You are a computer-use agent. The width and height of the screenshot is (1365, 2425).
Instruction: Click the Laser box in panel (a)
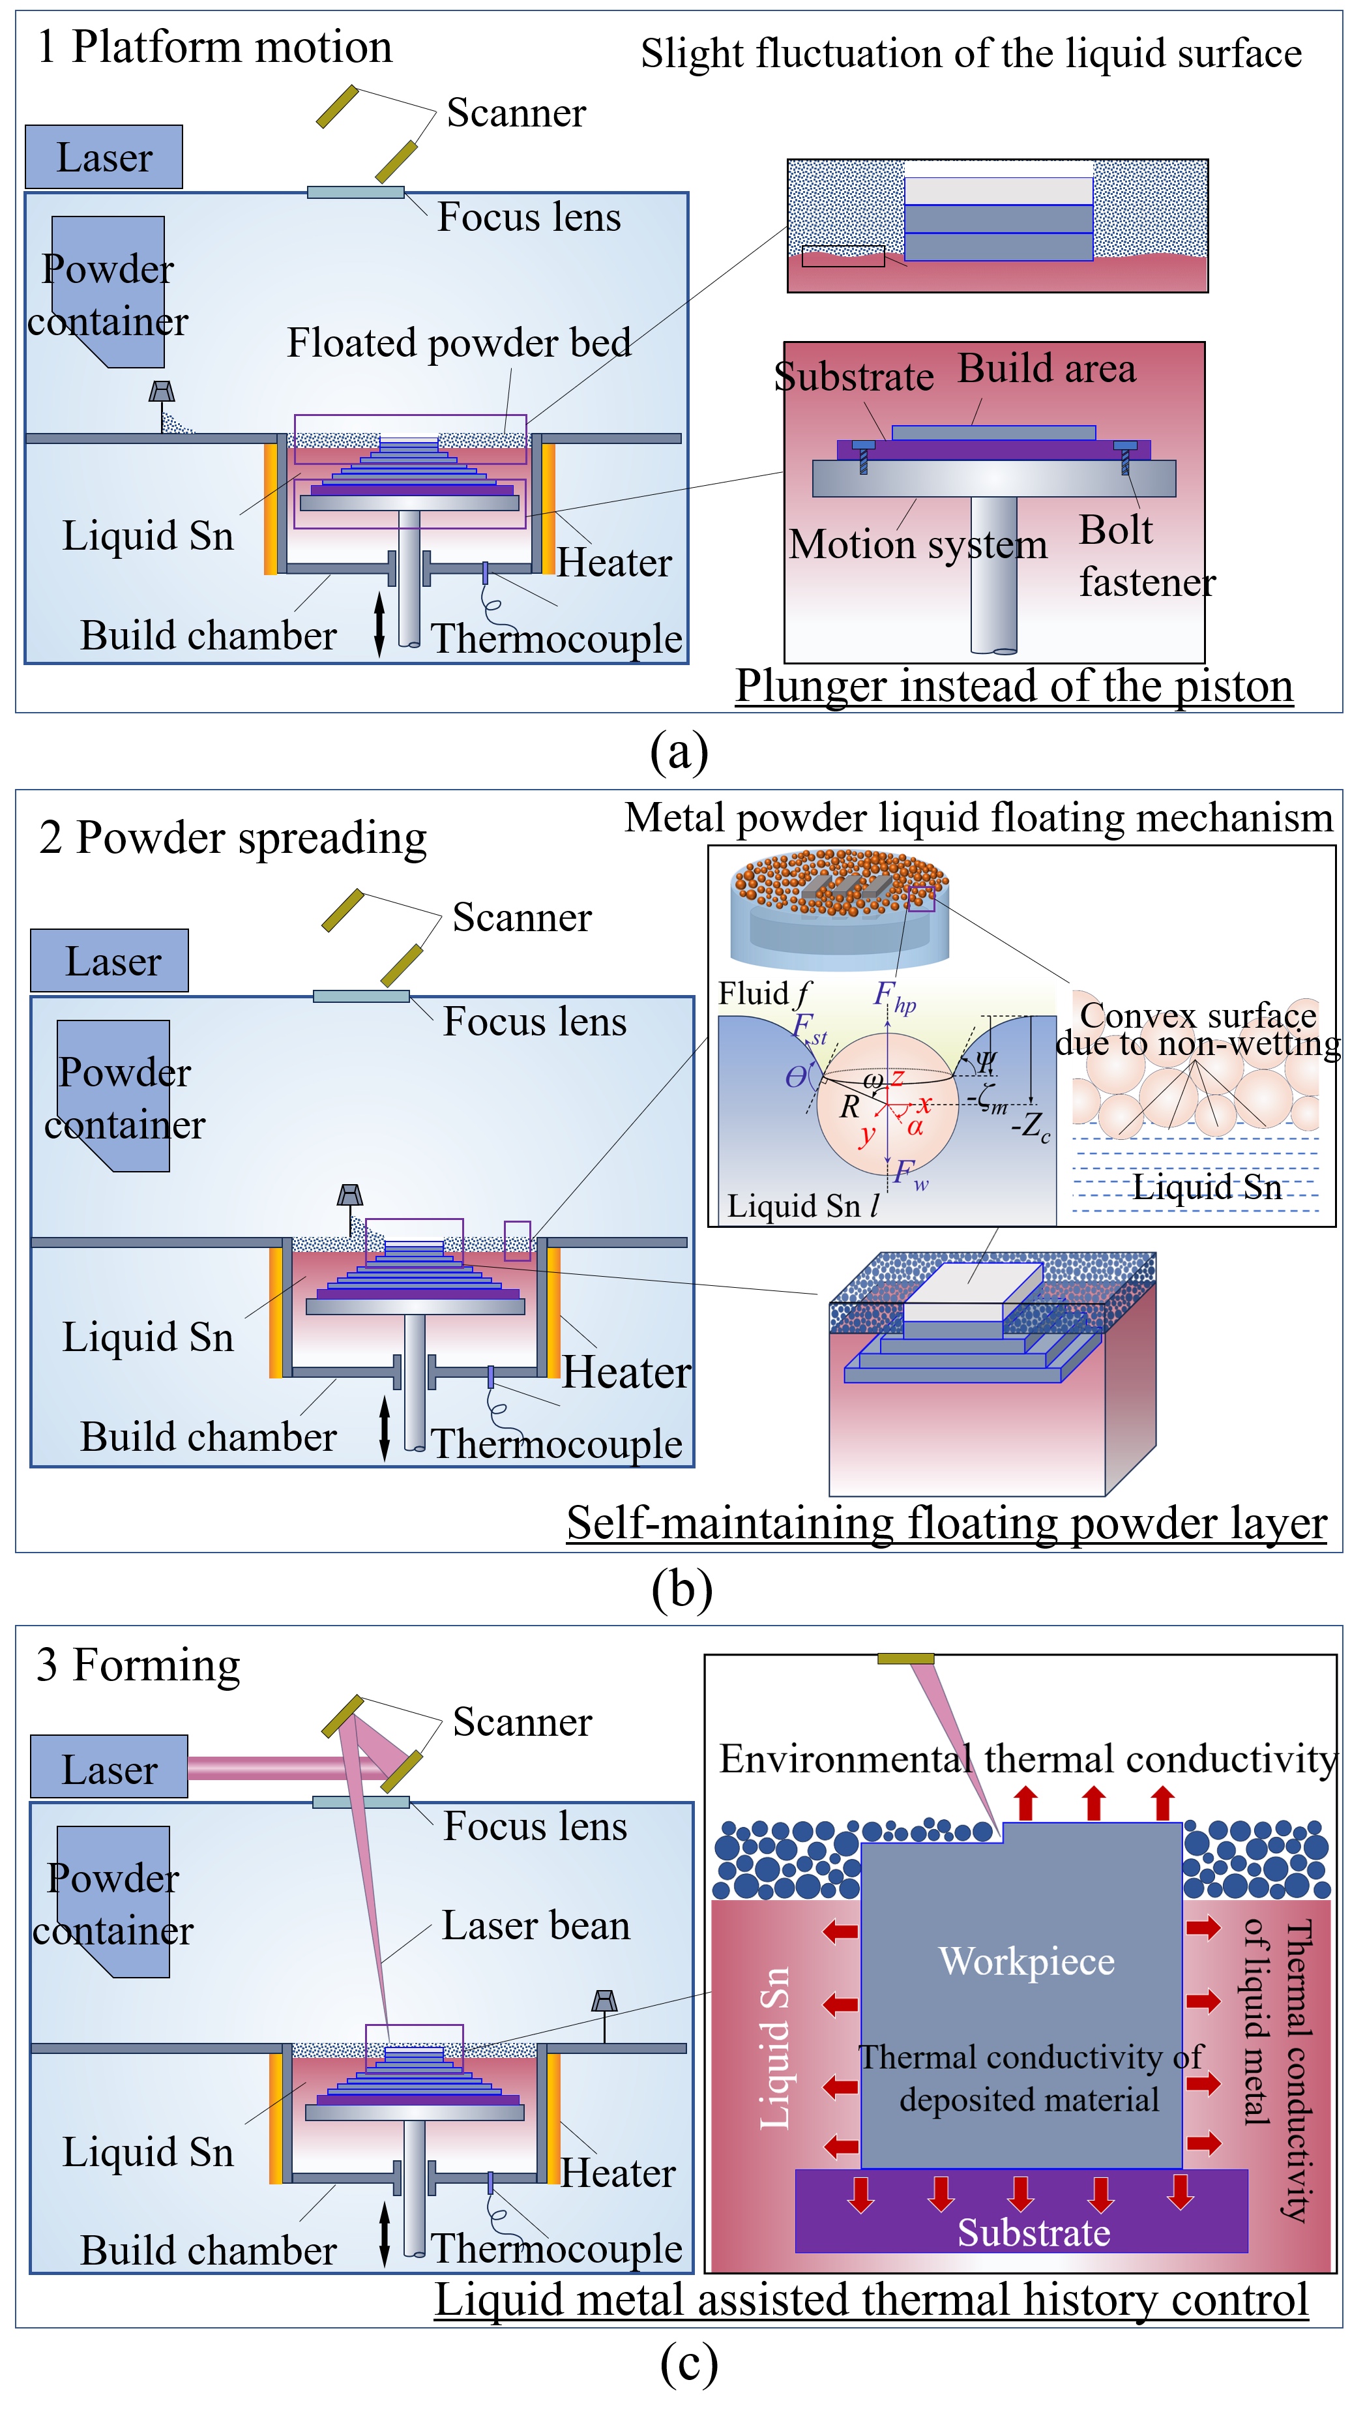(x=104, y=157)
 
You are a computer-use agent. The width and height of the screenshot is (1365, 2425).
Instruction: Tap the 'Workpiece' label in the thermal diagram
(x=1026, y=1961)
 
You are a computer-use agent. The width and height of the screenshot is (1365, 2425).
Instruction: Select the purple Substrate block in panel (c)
(x=1021, y=2212)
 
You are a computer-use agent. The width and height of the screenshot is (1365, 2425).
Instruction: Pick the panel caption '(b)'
(x=682, y=1589)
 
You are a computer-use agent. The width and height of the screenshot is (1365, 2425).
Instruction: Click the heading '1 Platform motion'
(x=214, y=47)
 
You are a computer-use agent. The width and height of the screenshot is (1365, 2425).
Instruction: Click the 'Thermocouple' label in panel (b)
(x=556, y=1443)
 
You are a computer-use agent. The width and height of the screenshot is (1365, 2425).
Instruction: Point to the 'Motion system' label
(x=918, y=544)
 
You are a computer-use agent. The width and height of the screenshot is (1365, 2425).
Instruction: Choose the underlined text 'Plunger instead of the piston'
(x=1014, y=685)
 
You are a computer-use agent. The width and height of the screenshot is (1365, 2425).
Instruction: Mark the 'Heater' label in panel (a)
(x=614, y=563)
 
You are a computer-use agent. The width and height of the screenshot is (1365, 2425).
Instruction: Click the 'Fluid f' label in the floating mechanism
(x=763, y=993)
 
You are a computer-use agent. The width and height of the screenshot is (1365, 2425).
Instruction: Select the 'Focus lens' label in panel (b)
(x=535, y=1021)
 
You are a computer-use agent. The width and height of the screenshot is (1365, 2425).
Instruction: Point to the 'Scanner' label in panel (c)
(x=522, y=1722)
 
